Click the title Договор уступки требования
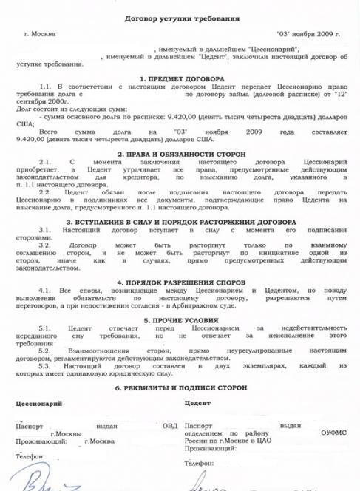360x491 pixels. [x=181, y=16]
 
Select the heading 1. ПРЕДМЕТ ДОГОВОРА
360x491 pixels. [x=181, y=78]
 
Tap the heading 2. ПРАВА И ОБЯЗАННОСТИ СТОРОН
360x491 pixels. [x=181, y=152]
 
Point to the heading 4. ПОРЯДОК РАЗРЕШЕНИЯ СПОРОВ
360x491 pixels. [x=181, y=282]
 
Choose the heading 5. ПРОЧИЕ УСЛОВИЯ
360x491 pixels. [x=181, y=320]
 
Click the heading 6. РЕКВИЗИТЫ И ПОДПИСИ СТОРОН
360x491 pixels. [x=181, y=387]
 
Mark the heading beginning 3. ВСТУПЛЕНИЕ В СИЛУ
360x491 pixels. [x=181, y=221]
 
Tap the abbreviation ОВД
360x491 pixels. [x=170, y=426]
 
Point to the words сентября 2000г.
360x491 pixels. [x=35, y=103]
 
